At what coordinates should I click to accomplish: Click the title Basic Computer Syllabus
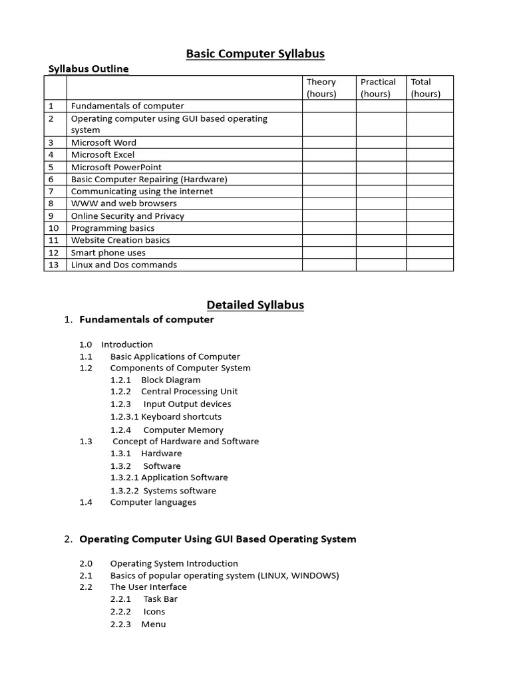point(255,54)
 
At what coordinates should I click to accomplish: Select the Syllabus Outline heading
point(88,68)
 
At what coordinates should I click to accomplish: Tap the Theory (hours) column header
point(321,88)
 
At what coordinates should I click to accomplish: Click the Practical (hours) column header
point(378,88)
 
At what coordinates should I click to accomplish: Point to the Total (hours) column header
point(425,88)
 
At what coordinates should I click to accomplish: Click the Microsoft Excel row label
point(102,155)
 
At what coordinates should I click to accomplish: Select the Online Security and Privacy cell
point(128,216)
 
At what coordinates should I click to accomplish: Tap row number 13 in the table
point(55,265)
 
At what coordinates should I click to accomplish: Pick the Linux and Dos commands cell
point(124,265)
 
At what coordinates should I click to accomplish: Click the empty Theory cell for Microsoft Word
point(329,142)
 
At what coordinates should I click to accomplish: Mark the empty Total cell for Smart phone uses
point(430,253)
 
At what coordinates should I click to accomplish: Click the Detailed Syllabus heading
point(255,305)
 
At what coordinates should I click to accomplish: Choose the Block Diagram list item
point(170,380)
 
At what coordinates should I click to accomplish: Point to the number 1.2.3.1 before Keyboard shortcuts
point(124,417)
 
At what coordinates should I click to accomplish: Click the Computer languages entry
point(153,502)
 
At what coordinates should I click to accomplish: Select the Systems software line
point(180,491)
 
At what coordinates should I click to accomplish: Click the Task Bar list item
point(160,599)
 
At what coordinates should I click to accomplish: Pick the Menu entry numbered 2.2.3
point(153,624)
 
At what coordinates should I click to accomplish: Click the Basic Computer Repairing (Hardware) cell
point(149,180)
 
